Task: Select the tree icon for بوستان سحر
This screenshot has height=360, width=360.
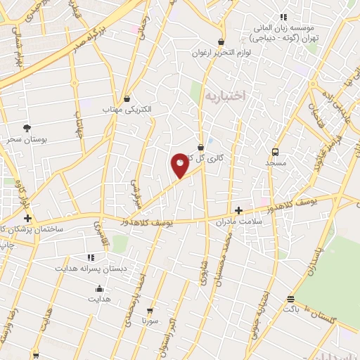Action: coord(27,128)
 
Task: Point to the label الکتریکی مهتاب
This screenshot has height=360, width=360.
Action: coord(122,110)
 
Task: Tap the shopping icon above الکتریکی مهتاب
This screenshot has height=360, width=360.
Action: coord(127,99)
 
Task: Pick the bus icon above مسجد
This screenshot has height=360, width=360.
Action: coord(276,151)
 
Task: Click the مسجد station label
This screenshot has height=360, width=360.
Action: coord(276,163)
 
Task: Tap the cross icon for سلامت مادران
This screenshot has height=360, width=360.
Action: coord(239,210)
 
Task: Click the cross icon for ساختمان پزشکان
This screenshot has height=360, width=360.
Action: coord(27,219)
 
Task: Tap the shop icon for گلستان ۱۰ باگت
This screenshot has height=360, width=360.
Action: coord(290,298)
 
